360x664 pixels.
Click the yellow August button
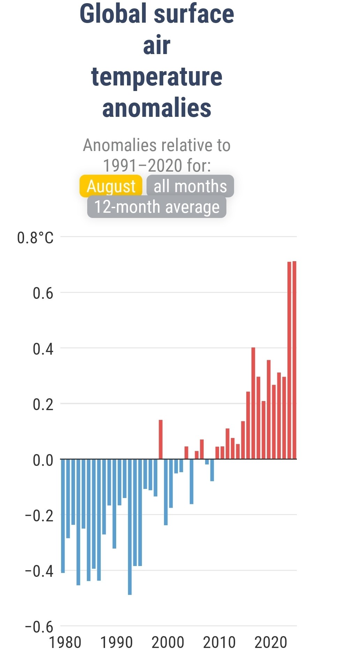point(111,186)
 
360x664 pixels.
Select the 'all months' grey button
point(190,186)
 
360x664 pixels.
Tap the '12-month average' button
point(157,207)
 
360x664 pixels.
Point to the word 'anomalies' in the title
point(157,108)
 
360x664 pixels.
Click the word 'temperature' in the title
point(157,77)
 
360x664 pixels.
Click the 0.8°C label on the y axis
point(35,238)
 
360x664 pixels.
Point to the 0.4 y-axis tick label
point(43,349)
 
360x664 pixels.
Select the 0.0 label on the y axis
point(43,460)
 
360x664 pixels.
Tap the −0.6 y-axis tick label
point(39,627)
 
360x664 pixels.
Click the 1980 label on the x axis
point(65,642)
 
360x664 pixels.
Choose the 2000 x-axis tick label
point(168,642)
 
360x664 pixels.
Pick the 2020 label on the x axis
point(271,642)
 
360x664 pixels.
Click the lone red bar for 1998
point(161,439)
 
